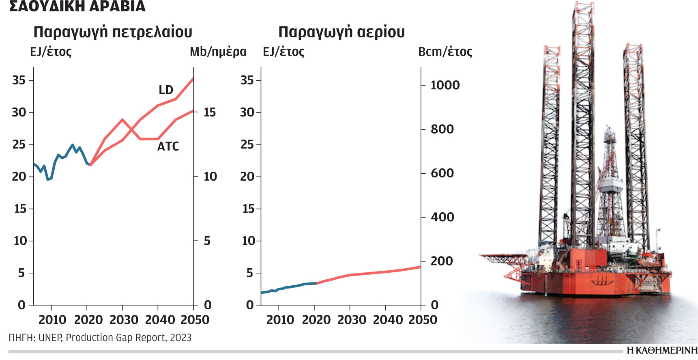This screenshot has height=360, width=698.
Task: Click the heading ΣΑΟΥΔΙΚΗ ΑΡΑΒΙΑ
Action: tap(77, 6)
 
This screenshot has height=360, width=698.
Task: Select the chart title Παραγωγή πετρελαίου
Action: tap(113, 32)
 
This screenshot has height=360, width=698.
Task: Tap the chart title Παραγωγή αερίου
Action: tap(341, 32)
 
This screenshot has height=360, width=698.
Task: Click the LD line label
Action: tap(166, 90)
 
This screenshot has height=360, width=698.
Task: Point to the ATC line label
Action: tap(168, 146)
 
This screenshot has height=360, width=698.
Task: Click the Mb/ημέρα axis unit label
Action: tap(218, 52)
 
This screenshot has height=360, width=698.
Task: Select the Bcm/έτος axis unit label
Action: tap(445, 52)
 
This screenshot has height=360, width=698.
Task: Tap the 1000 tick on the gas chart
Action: tap(445, 85)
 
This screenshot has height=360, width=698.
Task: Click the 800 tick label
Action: tap(442, 129)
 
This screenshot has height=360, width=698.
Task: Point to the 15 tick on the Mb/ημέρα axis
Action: tap(210, 112)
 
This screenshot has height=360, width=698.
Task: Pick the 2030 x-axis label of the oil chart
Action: tap(124, 320)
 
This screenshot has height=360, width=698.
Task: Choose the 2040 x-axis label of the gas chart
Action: tap(387, 320)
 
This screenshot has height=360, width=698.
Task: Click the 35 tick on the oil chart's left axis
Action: tap(19, 80)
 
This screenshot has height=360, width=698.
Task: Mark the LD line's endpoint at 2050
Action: tap(193, 78)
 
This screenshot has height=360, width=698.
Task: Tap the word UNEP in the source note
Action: tap(50, 338)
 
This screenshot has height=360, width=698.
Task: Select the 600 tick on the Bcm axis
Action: tap(442, 173)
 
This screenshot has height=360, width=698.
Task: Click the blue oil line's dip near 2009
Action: tap(48, 179)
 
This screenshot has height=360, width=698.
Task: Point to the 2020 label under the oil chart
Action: tap(88, 320)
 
